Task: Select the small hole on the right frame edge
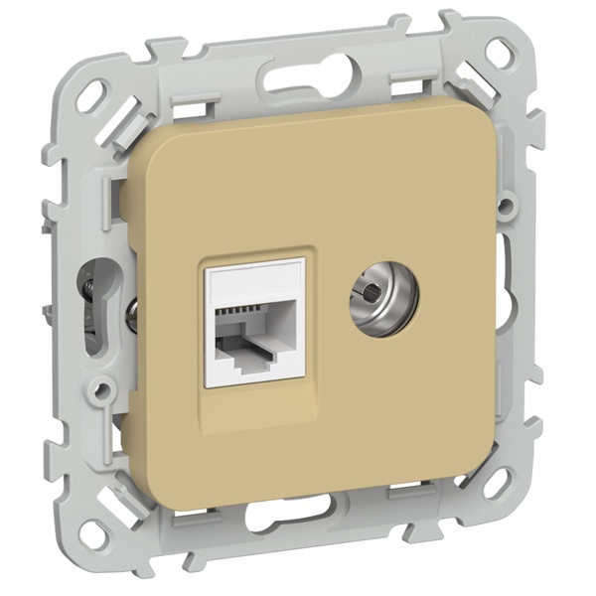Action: [506, 208]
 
